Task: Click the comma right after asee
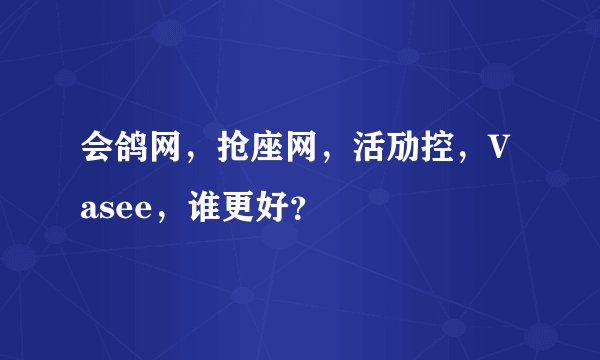[158, 218]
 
